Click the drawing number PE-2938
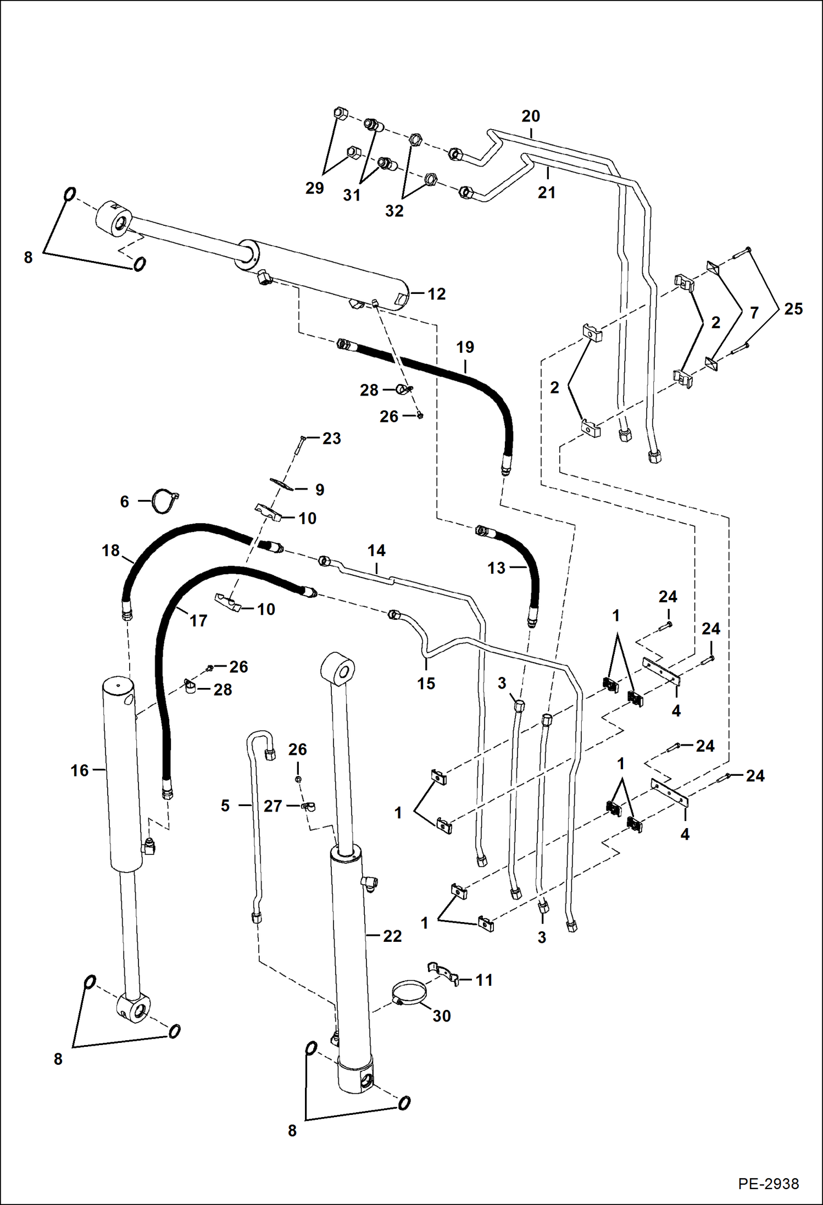pyautogui.click(x=768, y=1183)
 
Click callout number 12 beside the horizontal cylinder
pyautogui.click(x=436, y=294)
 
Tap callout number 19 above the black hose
pyautogui.click(x=465, y=347)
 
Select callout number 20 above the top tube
pyautogui.click(x=531, y=116)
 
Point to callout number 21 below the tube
pyautogui.click(x=547, y=192)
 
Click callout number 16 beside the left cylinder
pyautogui.click(x=79, y=770)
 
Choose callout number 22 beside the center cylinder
pyautogui.click(x=392, y=936)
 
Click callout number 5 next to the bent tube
pyautogui.click(x=225, y=806)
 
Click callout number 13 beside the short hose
pyautogui.click(x=496, y=568)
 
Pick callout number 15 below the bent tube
pyautogui.click(x=426, y=684)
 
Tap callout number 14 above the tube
pyautogui.click(x=376, y=551)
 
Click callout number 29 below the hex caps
pyautogui.click(x=314, y=188)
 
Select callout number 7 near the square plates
pyautogui.click(x=754, y=313)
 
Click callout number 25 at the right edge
pyautogui.click(x=793, y=309)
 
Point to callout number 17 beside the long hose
pyautogui.click(x=198, y=621)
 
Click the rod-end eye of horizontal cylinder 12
pyautogui.click(x=115, y=219)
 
